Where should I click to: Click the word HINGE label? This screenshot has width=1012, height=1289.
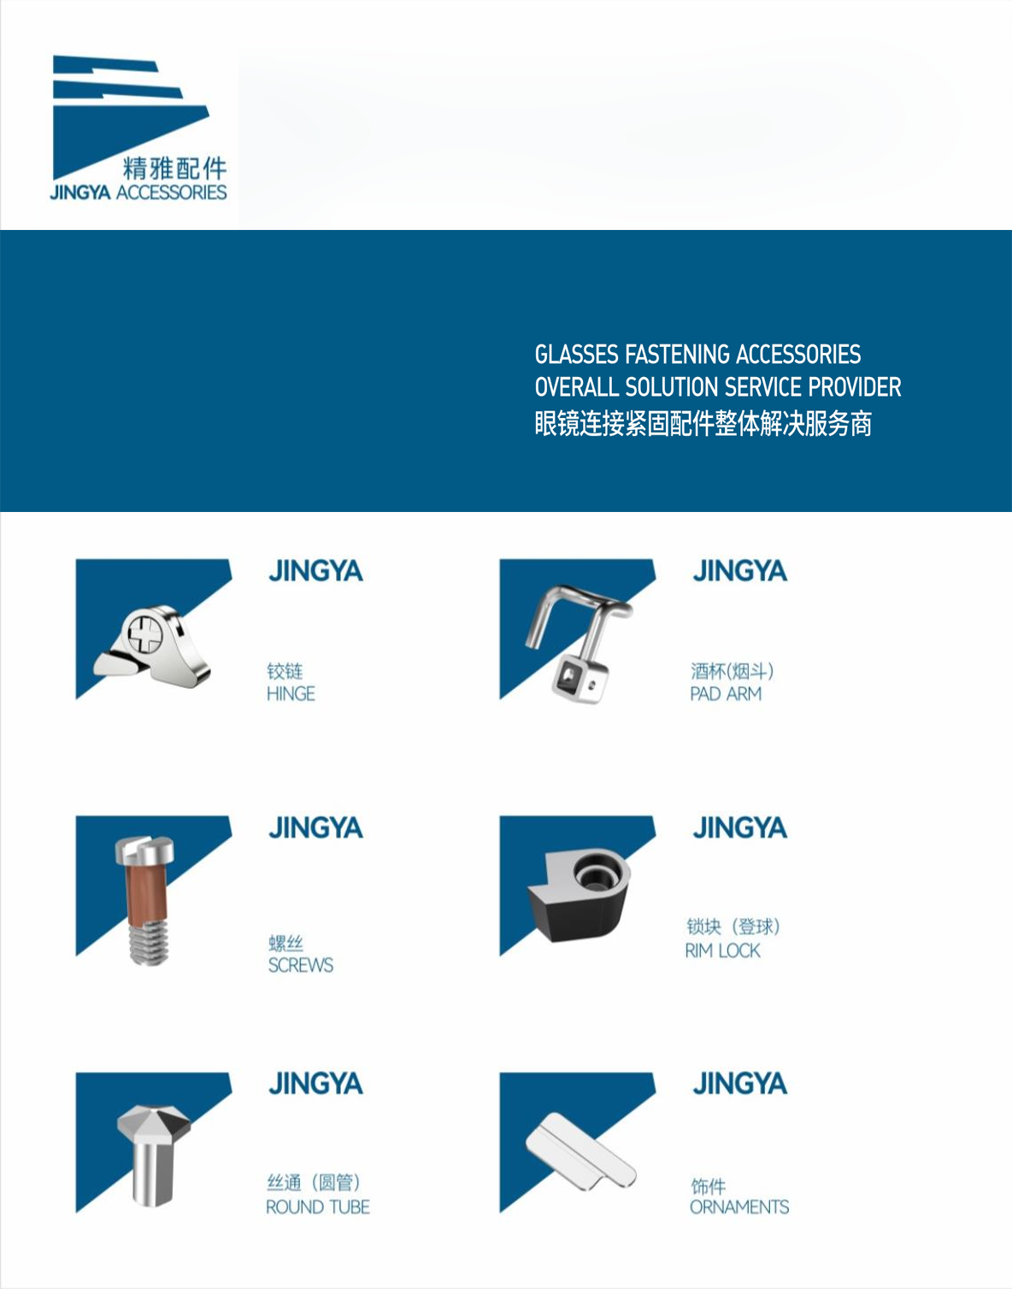coord(291,694)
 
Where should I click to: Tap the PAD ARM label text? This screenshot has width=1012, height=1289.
coord(726,694)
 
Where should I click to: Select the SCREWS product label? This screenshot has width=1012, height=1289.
coord(301,965)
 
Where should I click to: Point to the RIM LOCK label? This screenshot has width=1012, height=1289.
coord(722,951)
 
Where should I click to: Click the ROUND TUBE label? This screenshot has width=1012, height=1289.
coord(318,1207)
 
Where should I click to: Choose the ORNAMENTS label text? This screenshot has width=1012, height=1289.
coord(739,1207)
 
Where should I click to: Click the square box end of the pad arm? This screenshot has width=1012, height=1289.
coord(580,680)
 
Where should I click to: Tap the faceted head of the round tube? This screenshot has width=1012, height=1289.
coord(154,1123)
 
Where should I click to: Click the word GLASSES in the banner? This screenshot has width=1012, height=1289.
coord(577,354)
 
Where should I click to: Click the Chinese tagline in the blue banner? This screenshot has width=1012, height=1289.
coord(703,423)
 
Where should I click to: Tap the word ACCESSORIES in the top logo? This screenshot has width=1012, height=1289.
coord(172,193)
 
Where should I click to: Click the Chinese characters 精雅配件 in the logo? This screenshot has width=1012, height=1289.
coord(174,168)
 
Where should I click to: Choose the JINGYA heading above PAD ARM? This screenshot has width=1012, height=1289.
coord(739,571)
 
